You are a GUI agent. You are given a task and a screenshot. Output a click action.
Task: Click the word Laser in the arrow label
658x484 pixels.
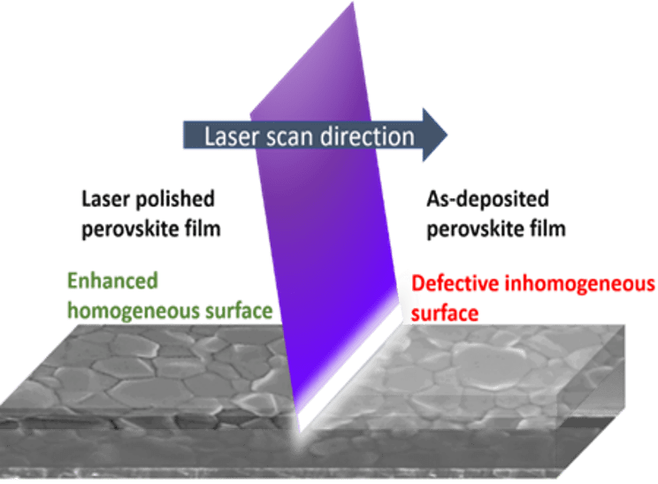231,136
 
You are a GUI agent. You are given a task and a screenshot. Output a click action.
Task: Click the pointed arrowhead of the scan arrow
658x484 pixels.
435,134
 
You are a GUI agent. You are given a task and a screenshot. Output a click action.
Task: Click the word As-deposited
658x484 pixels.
487,199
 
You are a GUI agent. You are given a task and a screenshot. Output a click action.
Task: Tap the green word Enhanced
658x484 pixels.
113,280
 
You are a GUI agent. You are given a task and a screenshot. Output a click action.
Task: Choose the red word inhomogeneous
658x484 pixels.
579,284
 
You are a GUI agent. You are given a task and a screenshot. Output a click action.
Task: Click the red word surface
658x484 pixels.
445,313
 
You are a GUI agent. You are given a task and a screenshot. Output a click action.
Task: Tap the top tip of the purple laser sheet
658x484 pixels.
353,3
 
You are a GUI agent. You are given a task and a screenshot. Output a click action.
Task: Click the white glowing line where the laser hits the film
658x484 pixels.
349,369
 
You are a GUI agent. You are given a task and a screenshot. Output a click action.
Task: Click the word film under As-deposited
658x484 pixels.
547,229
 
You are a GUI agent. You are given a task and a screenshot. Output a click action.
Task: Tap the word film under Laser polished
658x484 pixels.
203,229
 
